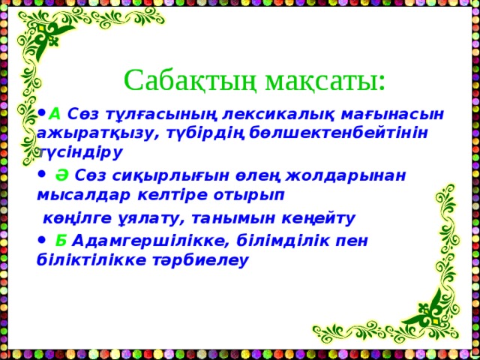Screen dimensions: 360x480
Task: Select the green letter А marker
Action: click(55, 113)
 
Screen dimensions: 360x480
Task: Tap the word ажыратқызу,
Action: click(90, 133)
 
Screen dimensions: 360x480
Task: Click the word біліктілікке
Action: click(90, 260)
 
